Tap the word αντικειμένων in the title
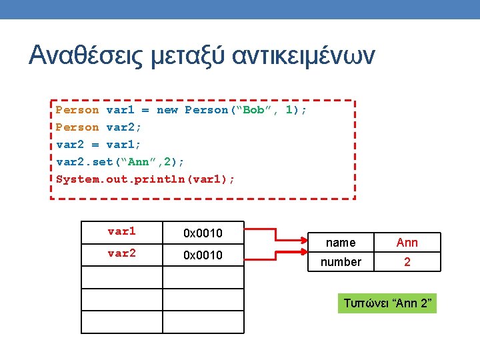304,55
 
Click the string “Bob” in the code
254,110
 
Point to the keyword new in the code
167,110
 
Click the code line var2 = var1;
98,145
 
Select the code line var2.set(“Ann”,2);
120,162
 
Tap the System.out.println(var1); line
145,179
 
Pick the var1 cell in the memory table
121,232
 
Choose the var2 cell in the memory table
121,254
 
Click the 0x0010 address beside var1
203,233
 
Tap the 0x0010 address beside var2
203,255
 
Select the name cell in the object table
341,243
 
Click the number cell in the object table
341,262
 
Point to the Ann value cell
407,243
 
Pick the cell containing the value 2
407,262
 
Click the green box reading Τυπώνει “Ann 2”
388,304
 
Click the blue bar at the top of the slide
240,9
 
